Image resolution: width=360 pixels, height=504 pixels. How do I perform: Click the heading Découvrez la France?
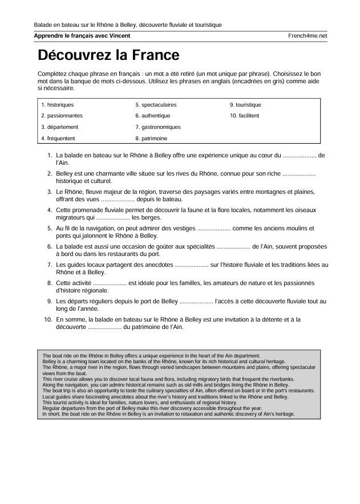[108, 55]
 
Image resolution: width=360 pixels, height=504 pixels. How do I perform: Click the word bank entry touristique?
[248, 105]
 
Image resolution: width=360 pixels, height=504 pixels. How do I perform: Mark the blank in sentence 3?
[118, 200]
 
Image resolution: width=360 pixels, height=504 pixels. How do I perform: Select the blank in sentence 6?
[233, 247]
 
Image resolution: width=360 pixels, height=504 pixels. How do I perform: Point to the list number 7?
[50, 265]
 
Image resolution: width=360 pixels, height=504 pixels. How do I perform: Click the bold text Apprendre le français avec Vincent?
[82, 36]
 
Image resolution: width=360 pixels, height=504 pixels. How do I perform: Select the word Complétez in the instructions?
[52, 74]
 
